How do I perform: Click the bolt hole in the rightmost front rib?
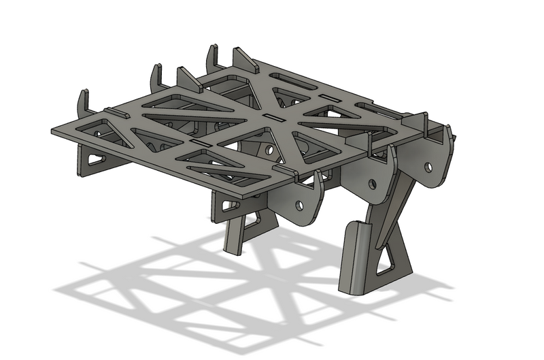coord(428,165)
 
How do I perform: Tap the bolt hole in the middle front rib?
coord(373,182)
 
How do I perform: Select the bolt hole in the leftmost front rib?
coord(299,203)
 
